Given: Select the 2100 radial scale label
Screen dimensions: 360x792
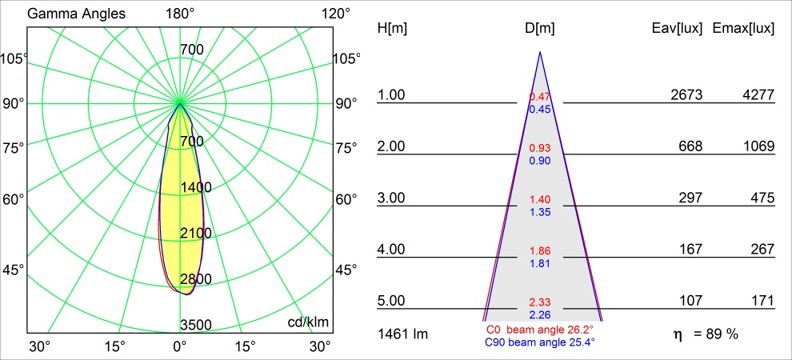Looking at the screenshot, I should point(195,233).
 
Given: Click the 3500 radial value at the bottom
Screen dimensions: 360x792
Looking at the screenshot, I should point(195,325).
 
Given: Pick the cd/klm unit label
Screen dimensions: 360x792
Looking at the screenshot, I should point(308,322).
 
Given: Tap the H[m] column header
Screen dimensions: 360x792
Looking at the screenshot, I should point(392,28).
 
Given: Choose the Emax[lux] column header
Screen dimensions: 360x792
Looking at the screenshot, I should point(743,28).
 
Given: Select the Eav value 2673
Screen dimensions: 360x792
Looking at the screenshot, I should point(686,95).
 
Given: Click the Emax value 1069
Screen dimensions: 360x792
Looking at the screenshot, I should point(758,146).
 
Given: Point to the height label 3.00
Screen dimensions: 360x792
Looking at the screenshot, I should point(392,198).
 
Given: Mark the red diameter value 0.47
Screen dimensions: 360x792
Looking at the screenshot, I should point(539,98).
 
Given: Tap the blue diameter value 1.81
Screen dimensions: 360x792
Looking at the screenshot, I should point(539,263).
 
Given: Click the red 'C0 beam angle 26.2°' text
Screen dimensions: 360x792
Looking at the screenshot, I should point(539,330).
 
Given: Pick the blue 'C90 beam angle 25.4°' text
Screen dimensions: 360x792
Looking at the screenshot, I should point(539,342).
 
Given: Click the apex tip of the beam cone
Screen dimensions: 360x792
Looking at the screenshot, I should point(540,53).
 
